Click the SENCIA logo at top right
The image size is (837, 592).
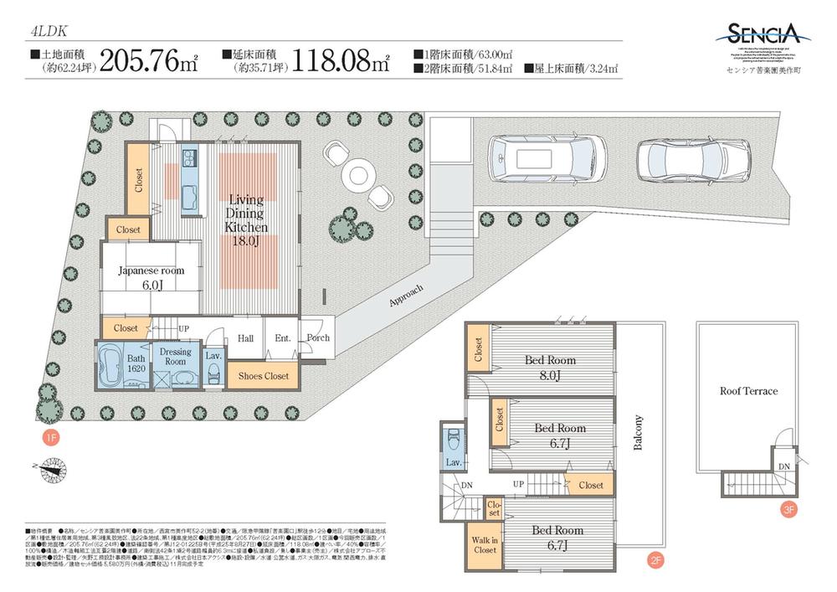point(762,35)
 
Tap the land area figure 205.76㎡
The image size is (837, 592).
point(149,63)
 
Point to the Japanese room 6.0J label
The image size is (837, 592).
point(151,277)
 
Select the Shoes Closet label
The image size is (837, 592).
point(264,377)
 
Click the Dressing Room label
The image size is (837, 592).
point(175,357)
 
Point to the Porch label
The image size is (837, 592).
point(318,338)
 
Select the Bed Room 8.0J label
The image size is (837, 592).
point(550,367)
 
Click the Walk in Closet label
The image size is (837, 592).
point(485,544)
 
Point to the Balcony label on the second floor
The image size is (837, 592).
point(639,432)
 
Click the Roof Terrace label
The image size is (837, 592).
point(748,391)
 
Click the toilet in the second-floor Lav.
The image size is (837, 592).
point(454,440)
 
